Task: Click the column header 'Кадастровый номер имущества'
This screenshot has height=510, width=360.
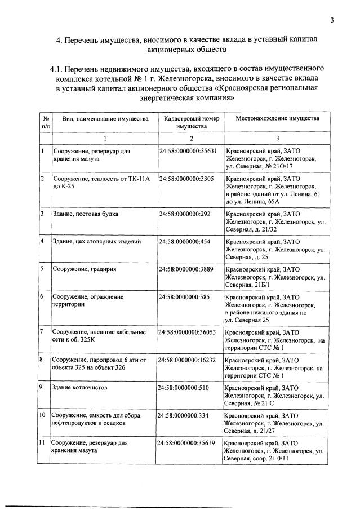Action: (x=191, y=123)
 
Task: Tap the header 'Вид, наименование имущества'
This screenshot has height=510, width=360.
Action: (x=105, y=119)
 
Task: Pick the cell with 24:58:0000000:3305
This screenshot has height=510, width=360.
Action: (x=186, y=179)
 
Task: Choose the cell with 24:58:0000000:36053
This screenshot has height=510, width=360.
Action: (x=188, y=332)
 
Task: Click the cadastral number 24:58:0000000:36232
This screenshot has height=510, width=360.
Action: (x=188, y=360)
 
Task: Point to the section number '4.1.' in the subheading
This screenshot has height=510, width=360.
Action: (x=59, y=69)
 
